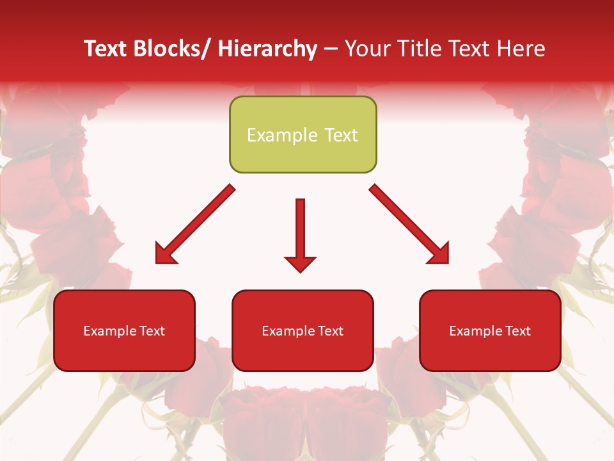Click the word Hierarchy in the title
267,49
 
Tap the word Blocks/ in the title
170,49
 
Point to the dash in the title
331,50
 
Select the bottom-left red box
124,349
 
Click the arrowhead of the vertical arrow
300,263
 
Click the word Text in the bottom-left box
152,331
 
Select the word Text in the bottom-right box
518,331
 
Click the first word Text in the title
107,49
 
